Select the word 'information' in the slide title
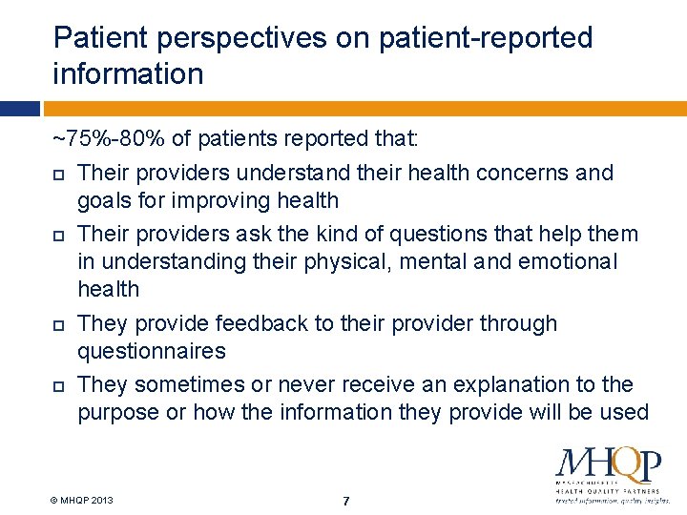point(129,73)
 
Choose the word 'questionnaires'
point(152,351)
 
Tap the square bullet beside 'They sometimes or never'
point(59,386)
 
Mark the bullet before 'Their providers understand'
point(59,175)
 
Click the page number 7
point(346,501)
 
